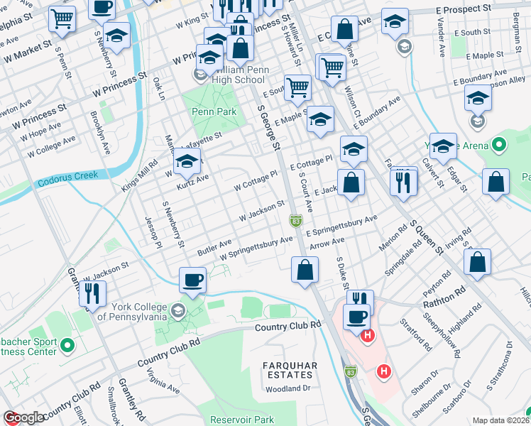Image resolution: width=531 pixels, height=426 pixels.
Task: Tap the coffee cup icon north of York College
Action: pos(192,279)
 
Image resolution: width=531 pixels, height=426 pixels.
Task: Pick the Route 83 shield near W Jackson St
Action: pos(295,222)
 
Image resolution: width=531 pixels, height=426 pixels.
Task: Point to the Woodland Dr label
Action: pos(288,388)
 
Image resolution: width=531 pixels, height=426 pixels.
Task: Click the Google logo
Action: pos(23,418)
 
